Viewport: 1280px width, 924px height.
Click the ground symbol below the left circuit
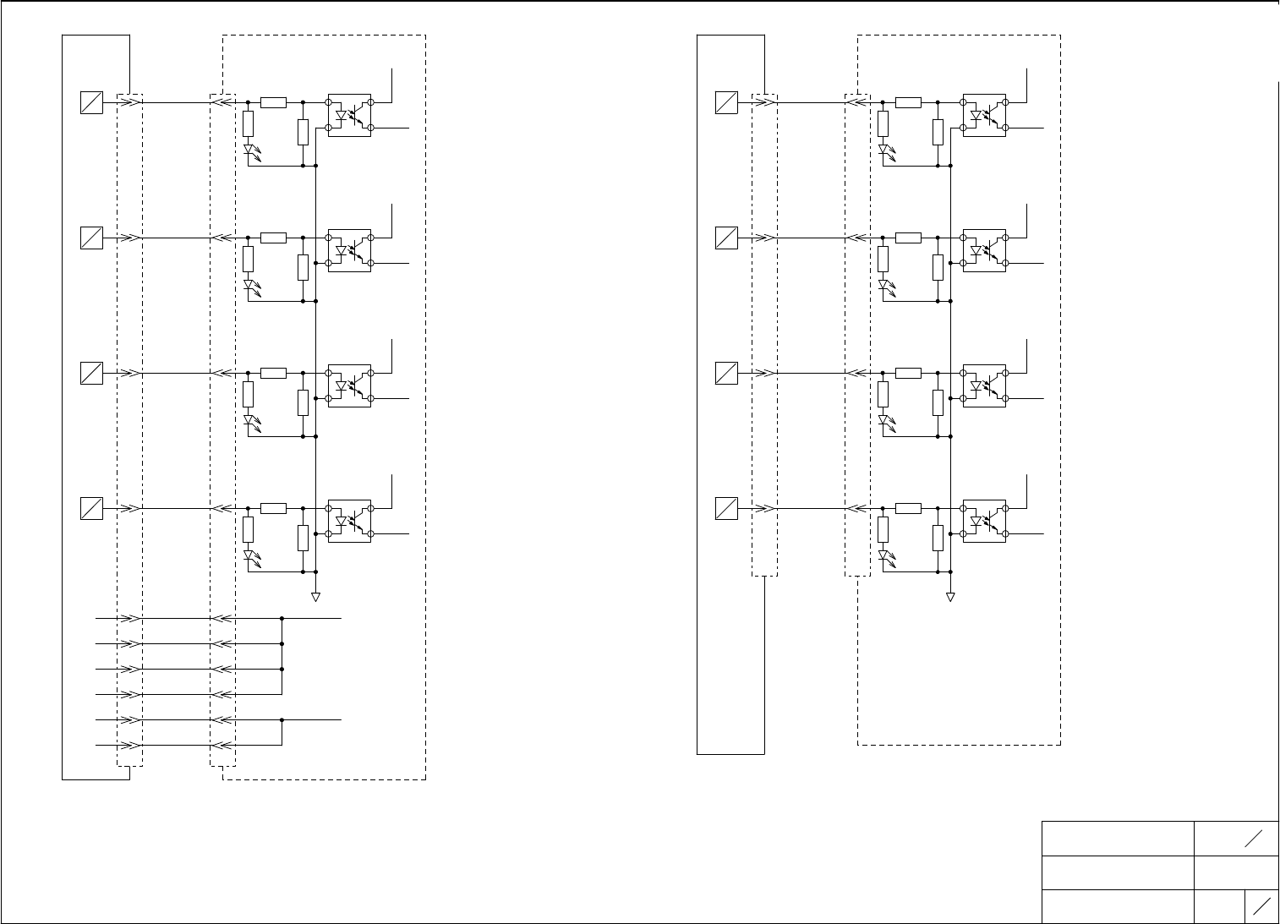tap(315, 597)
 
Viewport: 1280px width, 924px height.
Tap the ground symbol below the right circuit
tap(950, 597)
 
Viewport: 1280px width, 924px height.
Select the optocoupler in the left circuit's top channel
tap(349, 115)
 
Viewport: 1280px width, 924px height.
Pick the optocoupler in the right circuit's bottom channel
tap(984, 521)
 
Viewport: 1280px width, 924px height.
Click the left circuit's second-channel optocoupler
tap(349, 250)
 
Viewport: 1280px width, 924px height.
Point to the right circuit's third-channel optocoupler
tap(984, 385)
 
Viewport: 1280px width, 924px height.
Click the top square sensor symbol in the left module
tap(91, 102)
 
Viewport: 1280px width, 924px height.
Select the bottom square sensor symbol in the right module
tap(726, 509)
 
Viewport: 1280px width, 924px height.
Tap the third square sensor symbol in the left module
tap(91, 373)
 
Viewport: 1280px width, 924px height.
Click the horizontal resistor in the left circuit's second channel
tap(273, 238)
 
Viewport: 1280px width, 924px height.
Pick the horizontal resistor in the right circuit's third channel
tap(908, 373)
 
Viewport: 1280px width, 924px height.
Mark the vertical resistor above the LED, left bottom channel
tap(248, 529)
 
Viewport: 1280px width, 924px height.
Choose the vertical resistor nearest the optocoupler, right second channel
tap(938, 267)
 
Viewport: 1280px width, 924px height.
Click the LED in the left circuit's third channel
tap(249, 420)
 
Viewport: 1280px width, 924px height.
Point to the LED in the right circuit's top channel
tap(883, 150)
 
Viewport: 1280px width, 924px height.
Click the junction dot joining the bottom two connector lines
tap(282, 720)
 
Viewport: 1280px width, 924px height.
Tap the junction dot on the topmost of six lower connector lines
tap(282, 618)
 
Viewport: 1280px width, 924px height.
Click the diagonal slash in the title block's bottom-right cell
tap(1261, 905)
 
